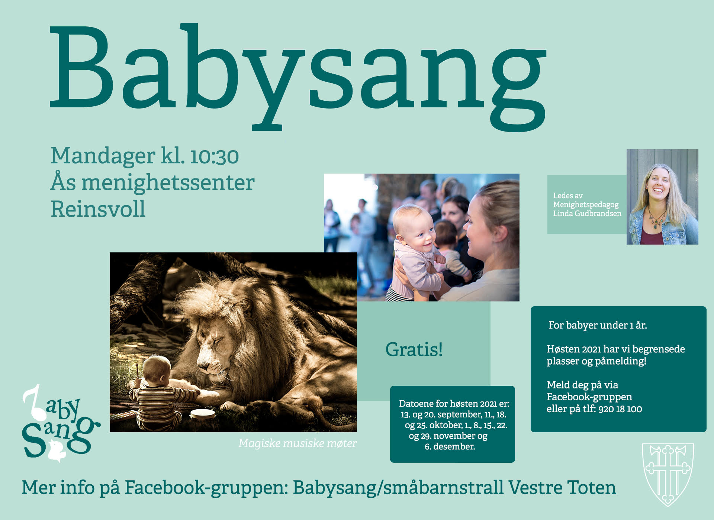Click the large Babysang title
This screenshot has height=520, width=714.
pos(297,76)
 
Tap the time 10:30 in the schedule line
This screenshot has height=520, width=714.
pos(214,156)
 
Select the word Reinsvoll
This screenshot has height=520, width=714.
pos(98,209)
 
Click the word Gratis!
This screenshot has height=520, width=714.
pos(414,349)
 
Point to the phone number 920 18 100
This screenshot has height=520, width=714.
pos(620,409)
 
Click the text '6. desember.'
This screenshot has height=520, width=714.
pos(450,446)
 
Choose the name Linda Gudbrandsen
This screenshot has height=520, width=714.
pos(587,213)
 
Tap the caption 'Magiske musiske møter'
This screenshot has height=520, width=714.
pos(297,443)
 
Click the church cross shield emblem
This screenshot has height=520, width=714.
pos(668,474)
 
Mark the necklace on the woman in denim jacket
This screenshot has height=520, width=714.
pos(657,219)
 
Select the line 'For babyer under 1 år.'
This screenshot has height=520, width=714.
pos(598,325)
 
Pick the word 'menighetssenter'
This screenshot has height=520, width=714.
pos(168,183)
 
